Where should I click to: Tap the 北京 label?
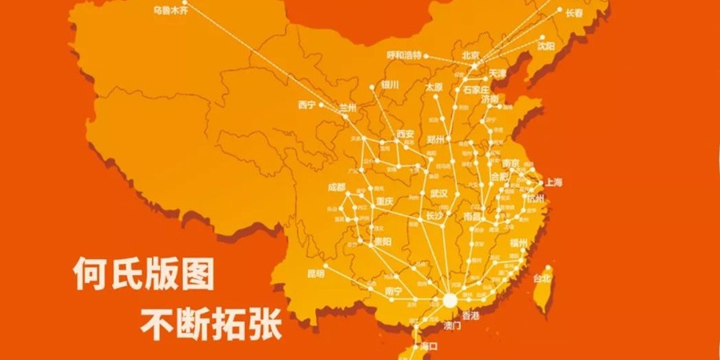point(470,55)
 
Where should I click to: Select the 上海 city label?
point(552,182)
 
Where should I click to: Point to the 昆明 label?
point(316,273)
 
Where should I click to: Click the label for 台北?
point(542,278)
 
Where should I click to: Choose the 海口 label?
point(429,346)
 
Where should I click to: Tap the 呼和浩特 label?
point(404,56)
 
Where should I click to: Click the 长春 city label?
point(574,13)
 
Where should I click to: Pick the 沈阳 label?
point(546,46)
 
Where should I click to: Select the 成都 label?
point(336,187)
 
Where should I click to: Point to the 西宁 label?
point(306,104)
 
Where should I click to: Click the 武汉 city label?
point(439,194)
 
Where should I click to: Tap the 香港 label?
point(471,316)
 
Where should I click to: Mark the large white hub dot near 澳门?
point(450,301)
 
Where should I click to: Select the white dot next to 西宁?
point(322,104)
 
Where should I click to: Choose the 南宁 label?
point(393,290)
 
